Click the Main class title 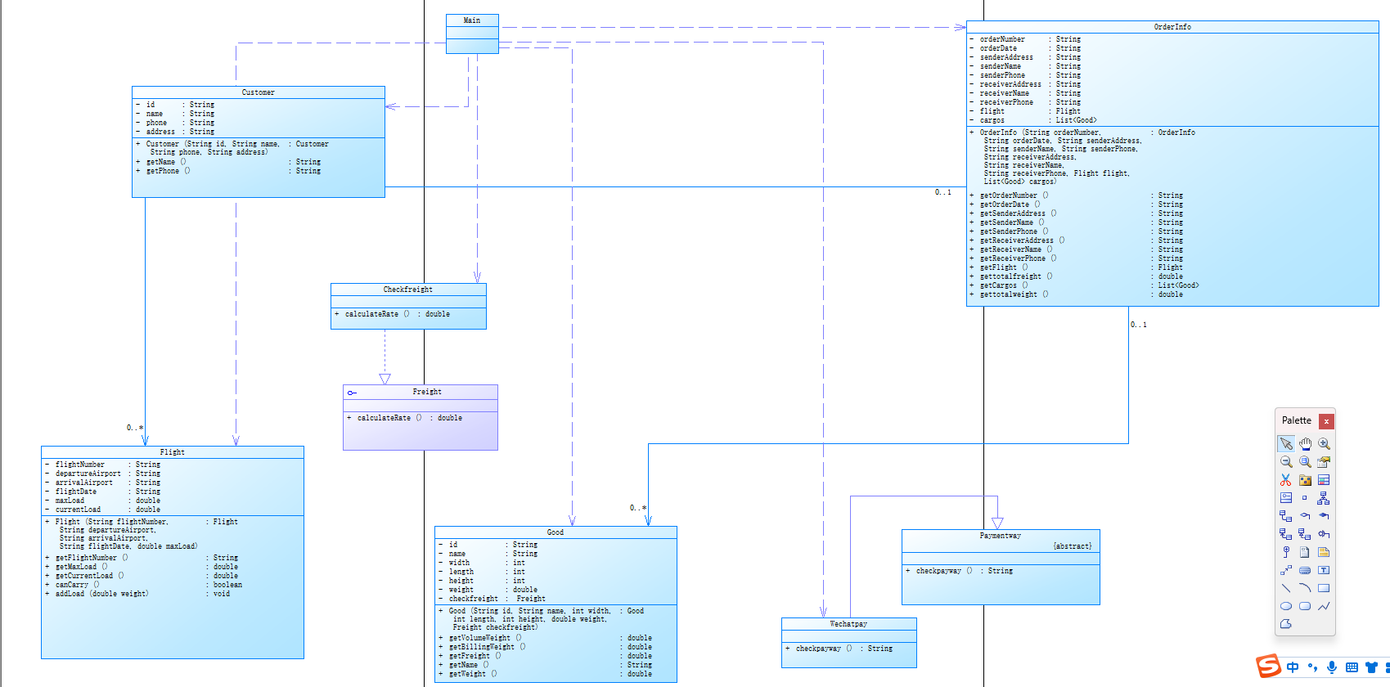click(472, 20)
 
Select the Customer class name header click(259, 92)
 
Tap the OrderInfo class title click(1172, 27)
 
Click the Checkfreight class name click(408, 290)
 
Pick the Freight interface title click(427, 392)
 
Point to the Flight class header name click(172, 452)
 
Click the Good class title click(556, 532)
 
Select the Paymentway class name click(1001, 536)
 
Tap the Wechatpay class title click(848, 624)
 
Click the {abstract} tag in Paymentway click(1072, 546)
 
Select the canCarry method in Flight click(72, 585)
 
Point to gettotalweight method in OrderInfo click(1009, 294)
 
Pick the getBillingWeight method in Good click(482, 647)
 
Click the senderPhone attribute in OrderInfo click(1002, 75)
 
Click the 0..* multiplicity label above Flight click(135, 428)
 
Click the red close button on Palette click(1326, 421)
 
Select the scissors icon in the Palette click(1286, 480)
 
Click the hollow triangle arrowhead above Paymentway click(997, 523)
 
